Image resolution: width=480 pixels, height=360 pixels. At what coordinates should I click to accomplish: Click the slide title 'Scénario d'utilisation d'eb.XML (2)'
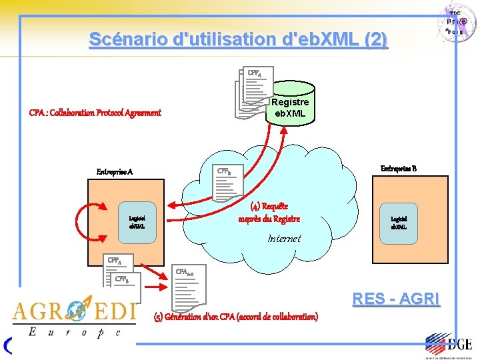point(238,39)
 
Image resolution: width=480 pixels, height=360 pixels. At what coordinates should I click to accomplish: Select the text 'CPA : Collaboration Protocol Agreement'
point(95,113)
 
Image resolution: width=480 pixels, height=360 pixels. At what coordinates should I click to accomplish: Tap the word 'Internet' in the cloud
point(284,238)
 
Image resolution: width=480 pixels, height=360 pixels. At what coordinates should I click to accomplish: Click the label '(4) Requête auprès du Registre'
point(269,212)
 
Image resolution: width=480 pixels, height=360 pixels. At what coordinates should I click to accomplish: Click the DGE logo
point(449,344)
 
